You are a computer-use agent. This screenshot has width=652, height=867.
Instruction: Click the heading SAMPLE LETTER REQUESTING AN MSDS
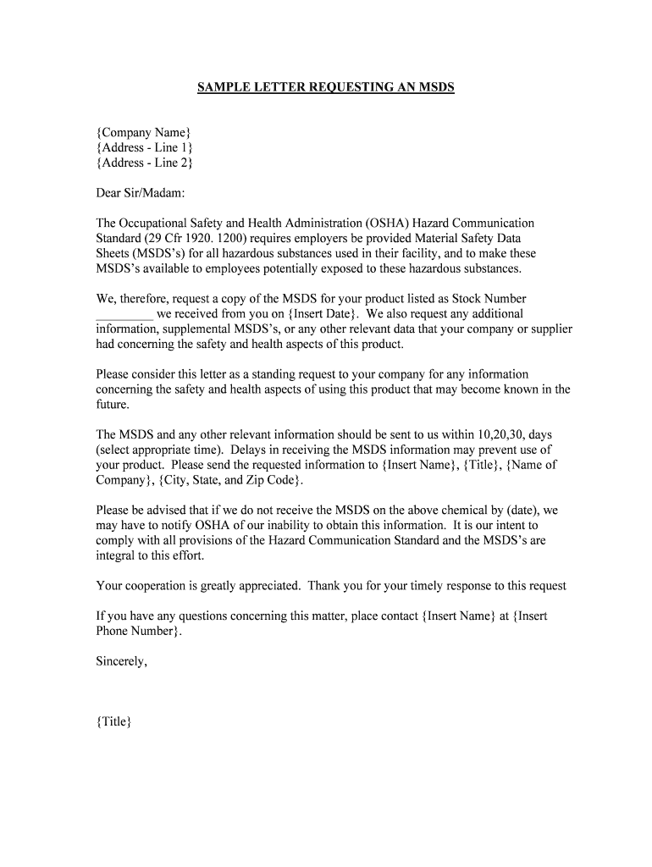(x=326, y=87)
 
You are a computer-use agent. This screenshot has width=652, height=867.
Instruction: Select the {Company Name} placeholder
(x=143, y=132)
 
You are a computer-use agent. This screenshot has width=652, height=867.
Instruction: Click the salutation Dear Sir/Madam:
(x=139, y=193)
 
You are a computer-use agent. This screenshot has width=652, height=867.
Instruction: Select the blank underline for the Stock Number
(x=124, y=314)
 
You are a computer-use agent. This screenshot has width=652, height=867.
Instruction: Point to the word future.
(x=113, y=405)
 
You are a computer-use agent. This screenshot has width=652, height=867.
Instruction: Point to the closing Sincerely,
(x=122, y=662)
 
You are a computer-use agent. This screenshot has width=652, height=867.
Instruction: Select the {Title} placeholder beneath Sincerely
(x=113, y=722)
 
